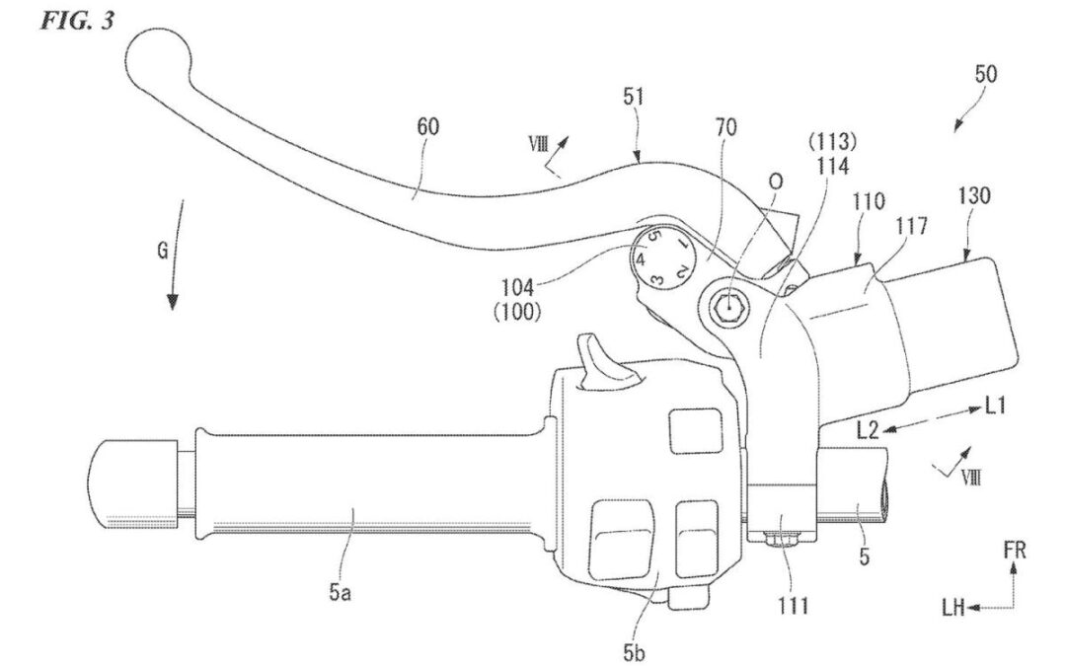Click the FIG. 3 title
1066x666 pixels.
click(78, 20)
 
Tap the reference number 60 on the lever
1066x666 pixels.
click(429, 127)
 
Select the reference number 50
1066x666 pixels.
click(985, 73)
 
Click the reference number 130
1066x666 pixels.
click(974, 196)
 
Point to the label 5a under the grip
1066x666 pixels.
click(340, 593)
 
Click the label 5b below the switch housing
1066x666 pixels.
click(634, 653)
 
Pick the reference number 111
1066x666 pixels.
click(794, 605)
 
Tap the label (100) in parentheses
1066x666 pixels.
click(516, 311)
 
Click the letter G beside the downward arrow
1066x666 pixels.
click(163, 251)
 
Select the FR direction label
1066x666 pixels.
click(1014, 550)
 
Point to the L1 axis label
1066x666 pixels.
click(995, 407)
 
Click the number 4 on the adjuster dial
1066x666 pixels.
click(640, 259)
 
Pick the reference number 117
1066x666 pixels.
click(912, 226)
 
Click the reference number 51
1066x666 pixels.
click(633, 97)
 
